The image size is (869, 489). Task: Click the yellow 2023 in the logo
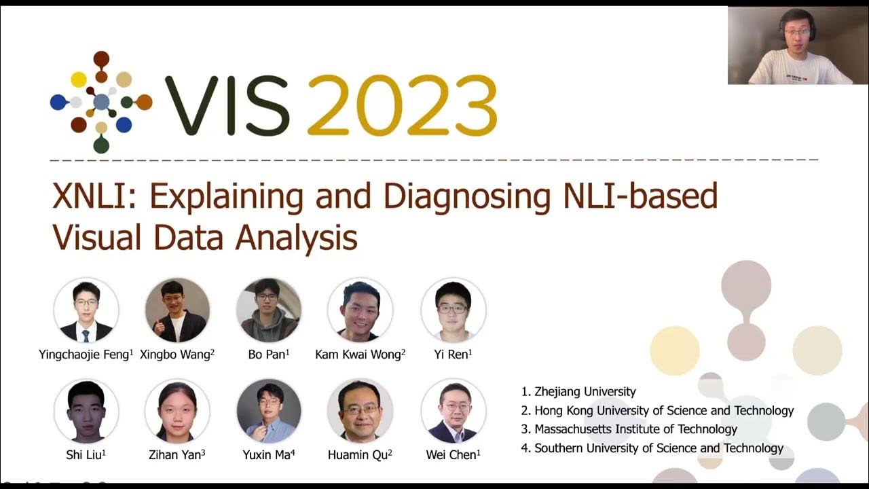[402, 105]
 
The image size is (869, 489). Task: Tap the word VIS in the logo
[227, 105]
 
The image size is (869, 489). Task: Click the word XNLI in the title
[94, 197]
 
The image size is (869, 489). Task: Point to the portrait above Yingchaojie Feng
[86, 310]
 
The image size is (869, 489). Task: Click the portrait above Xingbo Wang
[177, 310]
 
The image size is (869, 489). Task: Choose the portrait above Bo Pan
[268, 310]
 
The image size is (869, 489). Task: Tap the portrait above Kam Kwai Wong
[360, 310]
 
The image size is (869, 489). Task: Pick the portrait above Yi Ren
[453, 310]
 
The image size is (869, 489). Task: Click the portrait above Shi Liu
[86, 411]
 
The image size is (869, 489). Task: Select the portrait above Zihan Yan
[177, 411]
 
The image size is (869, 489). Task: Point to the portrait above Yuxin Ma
[268, 411]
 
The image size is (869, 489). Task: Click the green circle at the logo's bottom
[101, 144]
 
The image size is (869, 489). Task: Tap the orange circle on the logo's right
[143, 103]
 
